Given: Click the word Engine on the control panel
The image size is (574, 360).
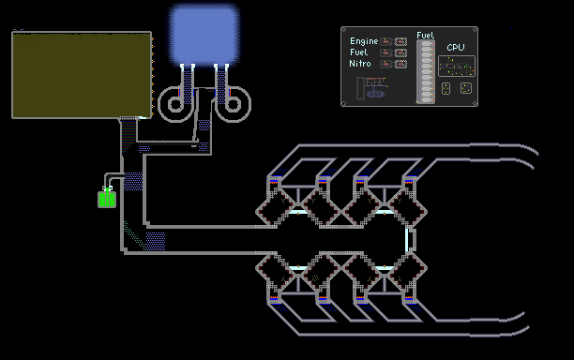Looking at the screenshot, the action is pyautogui.click(x=364, y=41).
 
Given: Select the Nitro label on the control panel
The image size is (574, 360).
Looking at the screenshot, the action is pyautogui.click(x=360, y=64).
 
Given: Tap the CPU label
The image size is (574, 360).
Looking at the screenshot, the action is pyautogui.click(x=456, y=47).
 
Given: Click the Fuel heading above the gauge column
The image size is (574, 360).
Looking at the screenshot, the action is pyautogui.click(x=425, y=35).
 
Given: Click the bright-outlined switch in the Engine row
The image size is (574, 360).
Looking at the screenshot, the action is pyautogui.click(x=400, y=41).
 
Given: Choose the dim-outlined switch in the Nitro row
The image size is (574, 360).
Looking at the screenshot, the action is pyautogui.click(x=385, y=65).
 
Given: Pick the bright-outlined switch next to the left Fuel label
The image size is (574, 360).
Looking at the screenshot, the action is pyautogui.click(x=400, y=53).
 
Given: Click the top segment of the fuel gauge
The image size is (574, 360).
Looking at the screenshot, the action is pyautogui.click(x=426, y=44).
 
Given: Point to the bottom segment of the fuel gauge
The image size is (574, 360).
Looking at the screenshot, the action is pyautogui.click(x=426, y=99).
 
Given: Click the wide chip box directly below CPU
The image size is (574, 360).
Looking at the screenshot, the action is pyautogui.click(x=457, y=67).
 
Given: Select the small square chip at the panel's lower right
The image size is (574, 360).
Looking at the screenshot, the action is pyautogui.click(x=465, y=88).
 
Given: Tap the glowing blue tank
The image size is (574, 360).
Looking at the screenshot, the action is pyautogui.click(x=204, y=35).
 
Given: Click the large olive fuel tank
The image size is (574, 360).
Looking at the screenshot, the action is pyautogui.click(x=82, y=75).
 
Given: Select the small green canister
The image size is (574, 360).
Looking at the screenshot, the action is pyautogui.click(x=107, y=199).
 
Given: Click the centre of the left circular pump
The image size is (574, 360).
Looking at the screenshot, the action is pyautogui.click(x=175, y=104).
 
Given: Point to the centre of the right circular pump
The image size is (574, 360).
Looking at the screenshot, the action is pyautogui.click(x=233, y=104).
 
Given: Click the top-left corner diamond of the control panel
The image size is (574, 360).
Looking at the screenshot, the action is pyautogui.click(x=343, y=29).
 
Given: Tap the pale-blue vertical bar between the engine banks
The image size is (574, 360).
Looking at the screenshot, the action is pyautogui.click(x=407, y=240).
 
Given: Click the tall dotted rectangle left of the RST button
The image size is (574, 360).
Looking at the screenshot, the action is pyautogui.click(x=360, y=88).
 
